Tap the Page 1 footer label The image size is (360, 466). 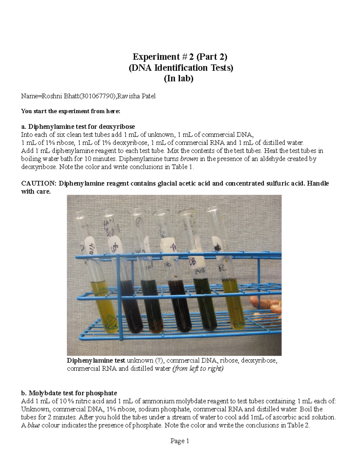tap(180, 441)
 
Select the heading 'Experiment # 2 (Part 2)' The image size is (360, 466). tap(180, 56)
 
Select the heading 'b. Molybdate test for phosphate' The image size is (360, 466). tap(69, 393)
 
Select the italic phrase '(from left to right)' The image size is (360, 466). tap(198, 368)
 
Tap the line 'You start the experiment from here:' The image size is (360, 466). tap(70, 111)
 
